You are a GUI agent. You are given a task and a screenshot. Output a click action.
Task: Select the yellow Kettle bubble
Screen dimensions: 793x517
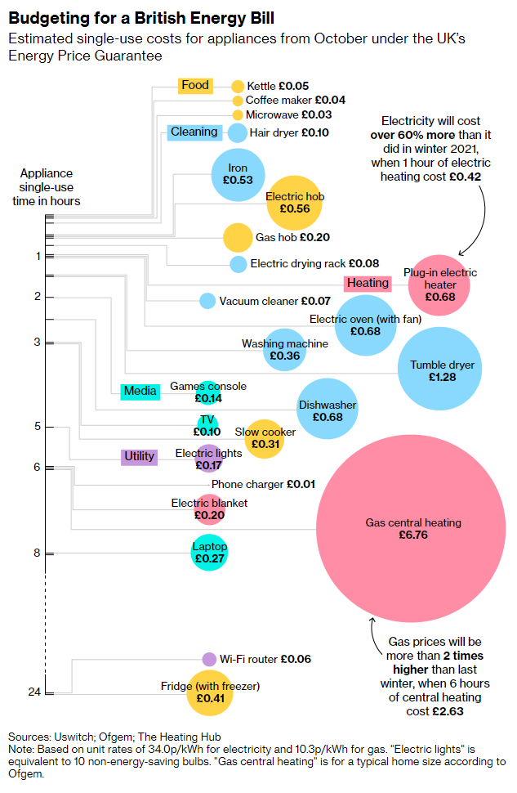pyautogui.click(x=238, y=86)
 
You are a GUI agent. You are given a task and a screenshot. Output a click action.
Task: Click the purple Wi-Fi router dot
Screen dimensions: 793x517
pyautogui.click(x=209, y=659)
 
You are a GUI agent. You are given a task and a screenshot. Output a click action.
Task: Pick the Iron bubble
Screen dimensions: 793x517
pyautogui.click(x=238, y=174)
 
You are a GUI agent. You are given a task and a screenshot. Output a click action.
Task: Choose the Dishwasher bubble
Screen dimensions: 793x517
pyautogui.click(x=327, y=410)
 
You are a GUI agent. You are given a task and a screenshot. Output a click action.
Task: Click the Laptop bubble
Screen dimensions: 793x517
pyautogui.click(x=209, y=553)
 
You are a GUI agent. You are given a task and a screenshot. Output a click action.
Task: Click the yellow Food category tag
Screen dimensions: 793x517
pyautogui.click(x=195, y=85)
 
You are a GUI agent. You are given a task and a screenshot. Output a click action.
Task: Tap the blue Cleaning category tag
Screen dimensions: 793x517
pyautogui.click(x=194, y=132)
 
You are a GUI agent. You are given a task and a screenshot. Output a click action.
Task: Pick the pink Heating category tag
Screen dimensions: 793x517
pyautogui.click(x=368, y=283)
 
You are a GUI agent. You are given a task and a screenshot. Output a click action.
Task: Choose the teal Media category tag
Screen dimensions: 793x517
pyautogui.click(x=140, y=392)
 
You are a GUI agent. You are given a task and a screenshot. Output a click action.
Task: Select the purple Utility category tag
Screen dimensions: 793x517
pyautogui.click(x=139, y=456)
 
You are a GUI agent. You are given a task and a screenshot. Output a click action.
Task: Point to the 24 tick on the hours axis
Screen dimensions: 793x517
pyautogui.click(x=35, y=693)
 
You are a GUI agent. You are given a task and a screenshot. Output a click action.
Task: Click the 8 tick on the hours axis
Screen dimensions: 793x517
pyautogui.click(x=37, y=553)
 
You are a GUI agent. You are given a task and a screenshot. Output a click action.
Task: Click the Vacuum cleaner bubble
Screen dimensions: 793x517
pyautogui.click(x=207, y=301)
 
